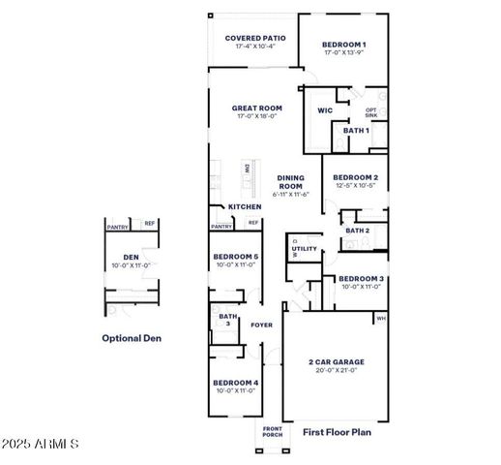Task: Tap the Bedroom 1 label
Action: click(344, 44)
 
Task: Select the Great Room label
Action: click(256, 108)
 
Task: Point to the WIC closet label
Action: click(325, 110)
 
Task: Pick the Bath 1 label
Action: click(356, 130)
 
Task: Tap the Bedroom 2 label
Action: click(355, 178)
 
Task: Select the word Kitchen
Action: click(245, 206)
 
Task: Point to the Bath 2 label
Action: click(357, 231)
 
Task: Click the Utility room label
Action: click(305, 248)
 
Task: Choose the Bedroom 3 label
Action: click(362, 278)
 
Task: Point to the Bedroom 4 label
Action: click(235, 383)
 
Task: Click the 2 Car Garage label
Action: click(337, 362)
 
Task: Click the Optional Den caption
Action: click(133, 338)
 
